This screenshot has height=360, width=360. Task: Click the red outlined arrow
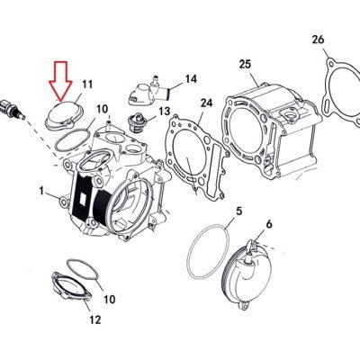[61, 80]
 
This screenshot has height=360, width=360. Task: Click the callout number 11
[87, 85]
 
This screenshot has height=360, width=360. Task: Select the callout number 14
[191, 79]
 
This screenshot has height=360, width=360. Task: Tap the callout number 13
[165, 112]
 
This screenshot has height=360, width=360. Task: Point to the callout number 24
[206, 103]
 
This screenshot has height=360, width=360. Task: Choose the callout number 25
[245, 64]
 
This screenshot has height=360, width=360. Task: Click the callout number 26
[318, 40]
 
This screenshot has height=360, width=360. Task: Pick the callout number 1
[41, 191]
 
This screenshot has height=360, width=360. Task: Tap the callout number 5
[238, 211]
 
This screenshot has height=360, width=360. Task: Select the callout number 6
[269, 224]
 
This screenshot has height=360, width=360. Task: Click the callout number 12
[94, 320]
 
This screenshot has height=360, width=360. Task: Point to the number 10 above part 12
[110, 299]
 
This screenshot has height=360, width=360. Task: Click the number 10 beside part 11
[102, 109]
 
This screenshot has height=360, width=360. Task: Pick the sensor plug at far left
[13, 109]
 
